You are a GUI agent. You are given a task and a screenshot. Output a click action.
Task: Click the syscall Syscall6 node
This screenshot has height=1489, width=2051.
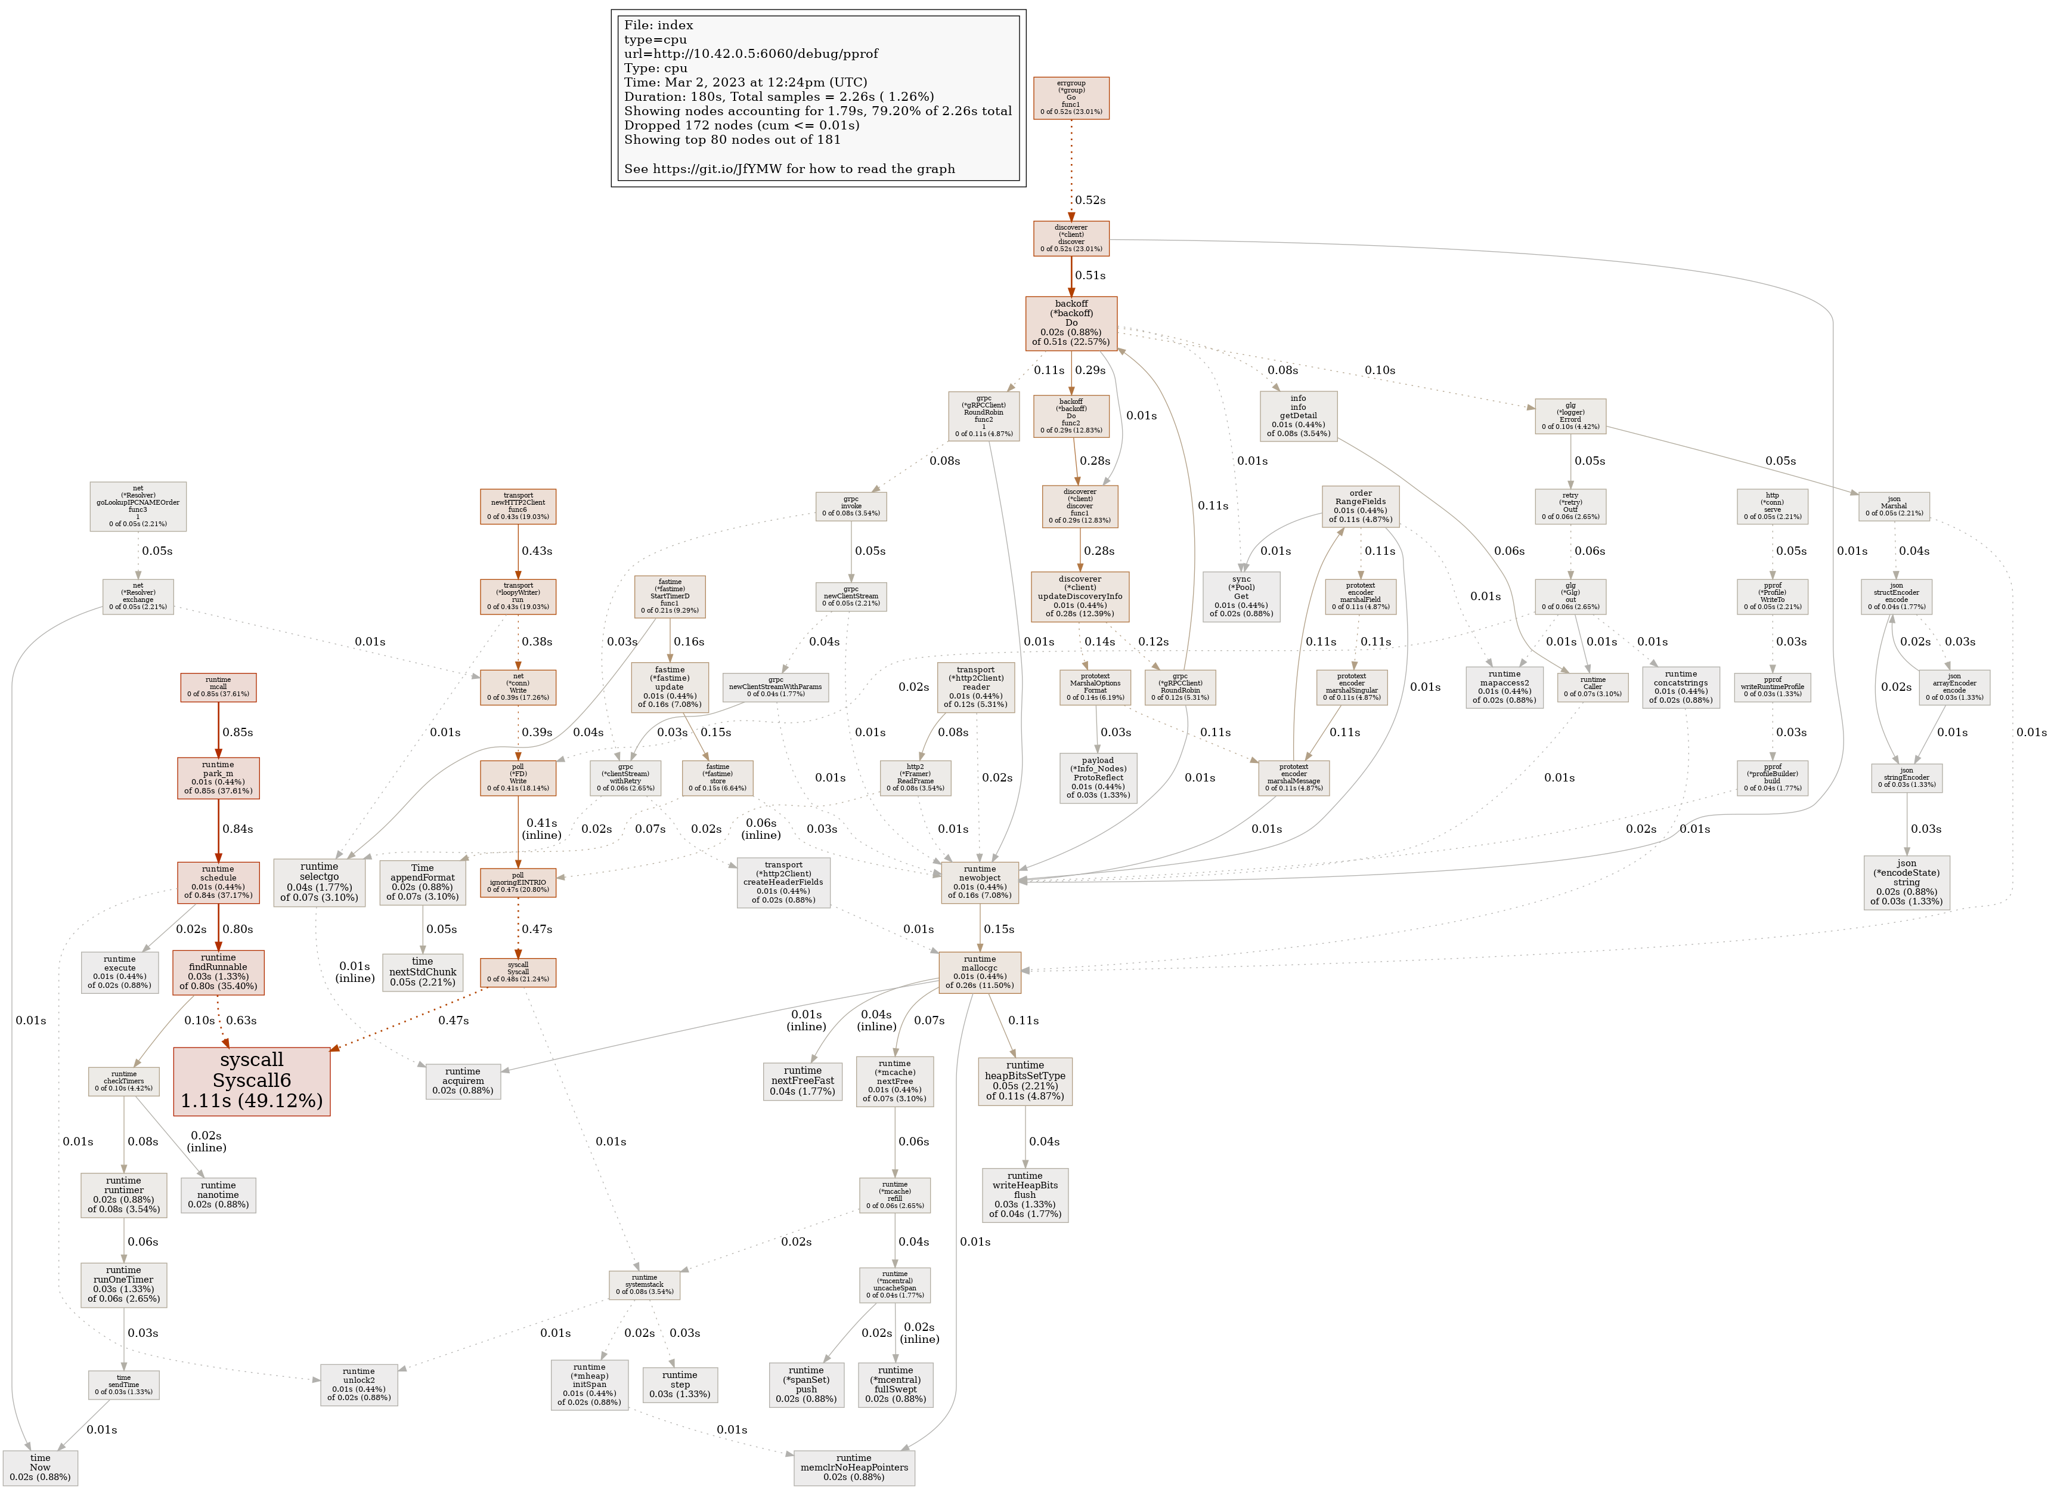pyautogui.click(x=252, y=1081)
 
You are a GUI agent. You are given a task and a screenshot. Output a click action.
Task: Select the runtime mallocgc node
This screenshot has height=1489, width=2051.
pyautogui.click(x=980, y=972)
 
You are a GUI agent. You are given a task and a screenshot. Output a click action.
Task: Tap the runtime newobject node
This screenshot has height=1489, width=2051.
pyautogui.click(x=980, y=882)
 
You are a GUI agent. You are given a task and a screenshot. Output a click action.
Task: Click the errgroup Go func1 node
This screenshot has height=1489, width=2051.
pyautogui.click(x=1071, y=98)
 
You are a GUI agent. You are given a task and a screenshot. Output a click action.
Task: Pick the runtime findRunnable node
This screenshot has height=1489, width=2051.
pyautogui.click(x=218, y=972)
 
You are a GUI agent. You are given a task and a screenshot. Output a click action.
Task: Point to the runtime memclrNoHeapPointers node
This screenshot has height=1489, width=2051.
pyautogui.click(x=854, y=1468)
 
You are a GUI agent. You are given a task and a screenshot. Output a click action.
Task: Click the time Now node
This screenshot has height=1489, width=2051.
pyautogui.click(x=40, y=1468)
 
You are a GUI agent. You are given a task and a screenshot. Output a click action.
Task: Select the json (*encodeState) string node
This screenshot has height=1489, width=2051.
pyautogui.click(x=1906, y=882)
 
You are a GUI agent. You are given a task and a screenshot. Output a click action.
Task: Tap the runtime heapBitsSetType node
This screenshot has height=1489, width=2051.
pyautogui.click(x=1024, y=1081)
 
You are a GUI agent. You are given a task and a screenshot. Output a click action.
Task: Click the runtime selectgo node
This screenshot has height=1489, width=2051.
pyautogui.click(x=319, y=882)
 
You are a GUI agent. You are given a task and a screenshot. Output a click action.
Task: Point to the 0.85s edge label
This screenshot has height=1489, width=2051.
pyautogui.click(x=238, y=733)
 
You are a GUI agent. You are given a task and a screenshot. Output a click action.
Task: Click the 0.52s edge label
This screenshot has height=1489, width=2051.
pyautogui.click(x=1090, y=200)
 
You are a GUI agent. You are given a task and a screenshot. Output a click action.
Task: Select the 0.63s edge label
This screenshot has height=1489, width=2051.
pyautogui.click(x=240, y=1021)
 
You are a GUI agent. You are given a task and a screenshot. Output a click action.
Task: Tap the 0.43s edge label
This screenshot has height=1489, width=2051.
pyautogui.click(x=536, y=551)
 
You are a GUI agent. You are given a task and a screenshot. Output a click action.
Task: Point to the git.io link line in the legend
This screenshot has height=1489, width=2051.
pyautogui.click(x=789, y=169)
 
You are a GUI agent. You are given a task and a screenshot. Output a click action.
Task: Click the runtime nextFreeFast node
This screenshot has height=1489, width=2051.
pyautogui.click(x=802, y=1081)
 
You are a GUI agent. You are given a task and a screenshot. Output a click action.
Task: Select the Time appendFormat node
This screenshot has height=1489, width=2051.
pyautogui.click(x=422, y=882)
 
